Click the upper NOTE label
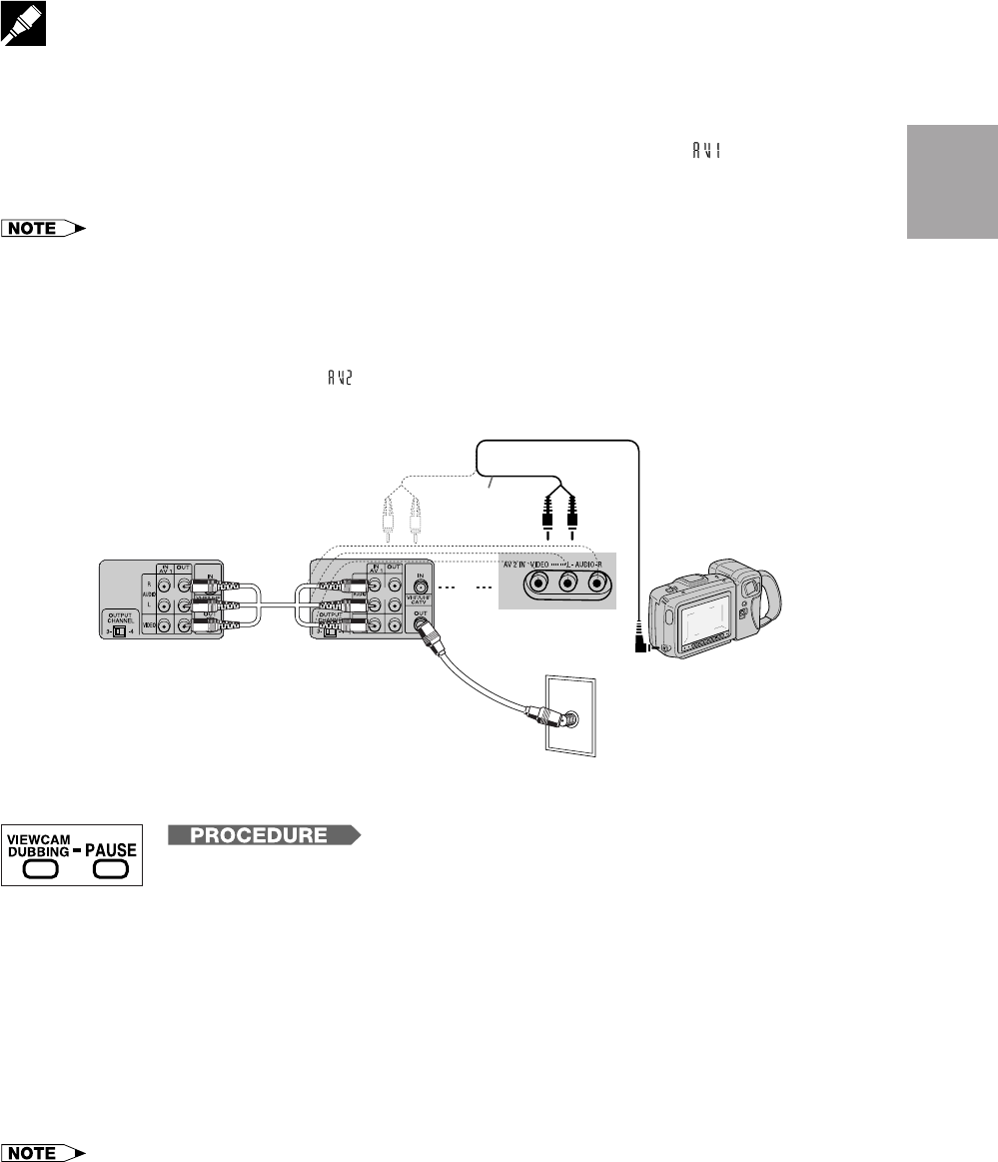click(44, 229)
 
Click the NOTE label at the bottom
click(44, 1152)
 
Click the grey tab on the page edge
click(951, 181)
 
